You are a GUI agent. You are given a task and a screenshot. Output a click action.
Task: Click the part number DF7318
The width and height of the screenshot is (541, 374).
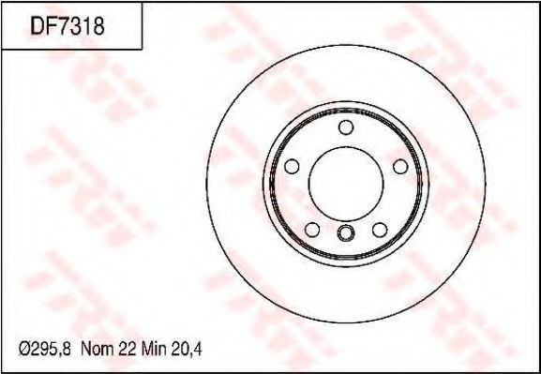click(x=68, y=25)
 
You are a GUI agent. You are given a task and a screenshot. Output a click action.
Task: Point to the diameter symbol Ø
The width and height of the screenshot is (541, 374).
click(x=27, y=350)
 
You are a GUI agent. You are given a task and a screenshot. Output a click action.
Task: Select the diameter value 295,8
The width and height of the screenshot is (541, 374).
click(x=53, y=350)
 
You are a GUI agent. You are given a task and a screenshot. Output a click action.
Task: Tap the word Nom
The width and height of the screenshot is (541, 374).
click(x=98, y=350)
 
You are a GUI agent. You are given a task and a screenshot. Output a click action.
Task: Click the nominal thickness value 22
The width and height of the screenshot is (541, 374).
click(x=129, y=350)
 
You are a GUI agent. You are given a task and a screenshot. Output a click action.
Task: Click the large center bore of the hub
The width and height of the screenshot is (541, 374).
click(x=344, y=181)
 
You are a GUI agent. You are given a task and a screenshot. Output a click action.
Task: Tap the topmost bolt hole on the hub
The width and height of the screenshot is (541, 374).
click(x=345, y=127)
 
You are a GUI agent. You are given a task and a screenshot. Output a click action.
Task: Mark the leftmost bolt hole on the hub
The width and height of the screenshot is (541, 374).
click(x=291, y=166)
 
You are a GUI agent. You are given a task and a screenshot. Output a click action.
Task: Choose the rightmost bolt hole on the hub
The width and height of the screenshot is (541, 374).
click(x=399, y=166)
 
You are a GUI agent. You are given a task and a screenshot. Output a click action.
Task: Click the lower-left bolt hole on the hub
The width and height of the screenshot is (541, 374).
click(x=311, y=229)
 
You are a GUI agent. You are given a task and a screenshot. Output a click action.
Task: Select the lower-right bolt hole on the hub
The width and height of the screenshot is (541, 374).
click(x=379, y=229)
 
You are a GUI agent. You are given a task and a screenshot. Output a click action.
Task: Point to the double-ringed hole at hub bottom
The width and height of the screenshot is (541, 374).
click(x=345, y=234)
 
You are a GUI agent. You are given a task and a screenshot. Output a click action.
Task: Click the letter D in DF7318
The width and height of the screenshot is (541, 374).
click(x=38, y=25)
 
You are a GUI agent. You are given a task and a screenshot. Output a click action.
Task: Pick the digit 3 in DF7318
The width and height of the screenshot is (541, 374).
click(x=74, y=25)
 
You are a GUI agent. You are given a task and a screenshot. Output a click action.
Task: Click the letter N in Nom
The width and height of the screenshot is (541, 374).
click(x=87, y=350)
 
